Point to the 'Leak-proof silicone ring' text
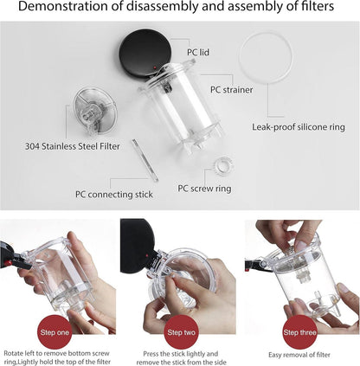click(x=299, y=126)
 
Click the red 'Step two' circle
click(x=181, y=331)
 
